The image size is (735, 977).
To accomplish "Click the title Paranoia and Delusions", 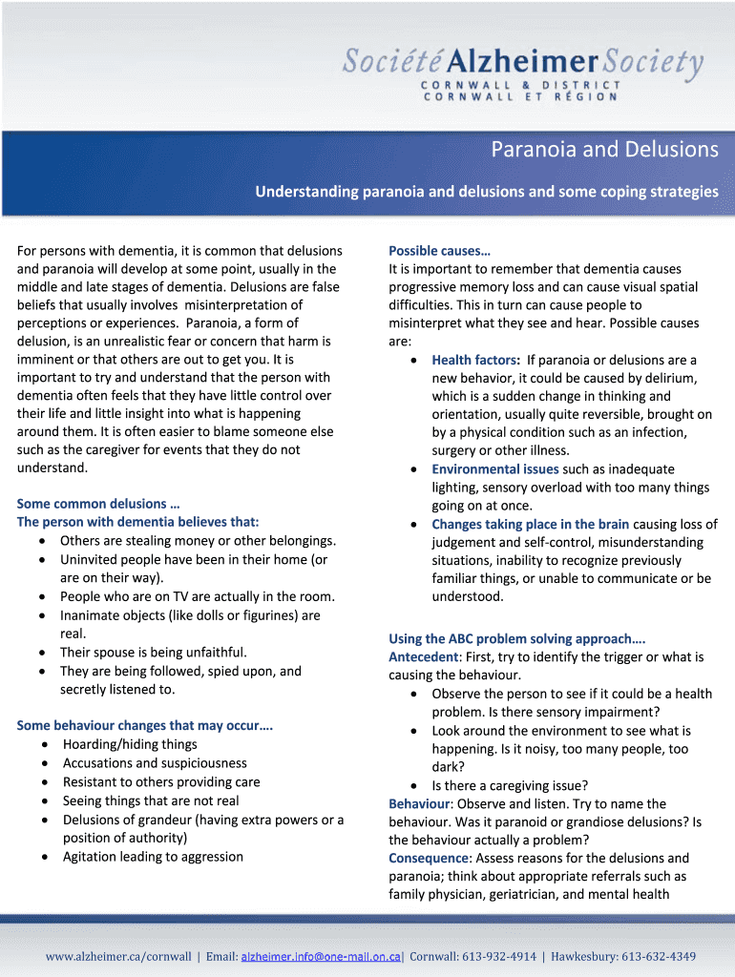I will tap(604, 150).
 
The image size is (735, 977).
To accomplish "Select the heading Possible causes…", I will tap(439, 251).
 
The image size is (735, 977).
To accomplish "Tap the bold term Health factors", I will tap(474, 360).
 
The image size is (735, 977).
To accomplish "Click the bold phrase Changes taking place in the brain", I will tap(530, 524).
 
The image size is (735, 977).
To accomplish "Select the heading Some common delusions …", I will tap(99, 504).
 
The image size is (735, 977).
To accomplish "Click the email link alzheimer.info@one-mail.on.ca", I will tap(323, 956).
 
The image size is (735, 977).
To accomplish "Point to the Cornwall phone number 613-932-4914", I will tap(501, 956).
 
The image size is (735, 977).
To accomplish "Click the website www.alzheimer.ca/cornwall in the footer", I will tap(118, 956).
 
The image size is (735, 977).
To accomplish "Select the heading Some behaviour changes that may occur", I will tap(145, 726).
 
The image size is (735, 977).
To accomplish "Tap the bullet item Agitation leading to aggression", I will tap(153, 857).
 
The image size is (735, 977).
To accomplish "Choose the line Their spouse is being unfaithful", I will tap(154, 653).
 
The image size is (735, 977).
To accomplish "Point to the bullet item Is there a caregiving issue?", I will tap(510, 786).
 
